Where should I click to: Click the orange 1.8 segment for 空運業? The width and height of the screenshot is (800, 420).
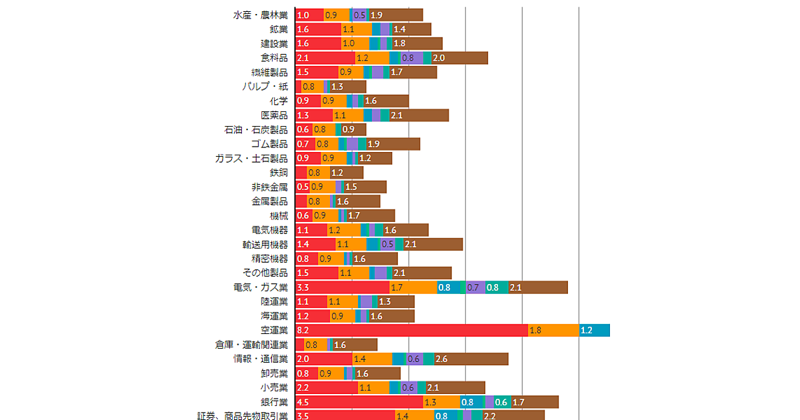(x=553, y=330)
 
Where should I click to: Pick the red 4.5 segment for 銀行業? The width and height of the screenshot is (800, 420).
(x=359, y=402)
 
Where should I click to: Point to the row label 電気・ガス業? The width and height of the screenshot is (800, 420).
(x=261, y=287)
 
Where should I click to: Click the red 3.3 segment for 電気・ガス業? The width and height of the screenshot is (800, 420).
(x=342, y=287)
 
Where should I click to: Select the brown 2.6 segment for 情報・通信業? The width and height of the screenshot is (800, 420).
(x=471, y=359)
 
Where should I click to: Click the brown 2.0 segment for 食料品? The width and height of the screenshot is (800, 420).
(x=459, y=58)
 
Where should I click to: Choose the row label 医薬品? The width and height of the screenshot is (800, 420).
(x=275, y=115)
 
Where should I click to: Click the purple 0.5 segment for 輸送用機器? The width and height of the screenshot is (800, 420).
(x=387, y=244)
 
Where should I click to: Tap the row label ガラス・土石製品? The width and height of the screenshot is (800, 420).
(x=251, y=158)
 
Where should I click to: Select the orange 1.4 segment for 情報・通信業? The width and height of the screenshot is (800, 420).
(x=372, y=359)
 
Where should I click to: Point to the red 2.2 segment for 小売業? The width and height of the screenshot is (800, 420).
(x=326, y=387)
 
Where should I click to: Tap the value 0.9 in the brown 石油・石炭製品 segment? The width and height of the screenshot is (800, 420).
(x=348, y=129)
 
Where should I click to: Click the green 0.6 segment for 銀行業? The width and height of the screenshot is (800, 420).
(x=502, y=402)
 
